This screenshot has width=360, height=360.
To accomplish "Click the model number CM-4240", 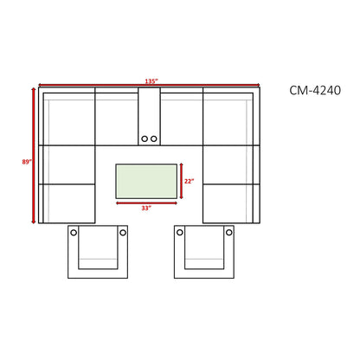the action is pyautogui.click(x=315, y=90).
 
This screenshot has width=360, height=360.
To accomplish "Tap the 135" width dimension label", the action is pyautogui.click(x=151, y=81).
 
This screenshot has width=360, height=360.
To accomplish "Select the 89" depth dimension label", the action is pyautogui.click(x=27, y=162).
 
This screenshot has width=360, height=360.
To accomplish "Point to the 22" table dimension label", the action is pyautogui.click(x=189, y=181).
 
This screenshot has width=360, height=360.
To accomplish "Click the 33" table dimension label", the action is pyautogui.click(x=146, y=208).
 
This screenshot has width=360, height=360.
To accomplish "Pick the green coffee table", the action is pyautogui.click(x=146, y=181).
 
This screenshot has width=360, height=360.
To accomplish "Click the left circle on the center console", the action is pyautogui.click(x=145, y=138).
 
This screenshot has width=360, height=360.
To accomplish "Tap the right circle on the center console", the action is pyautogui.click(x=154, y=138).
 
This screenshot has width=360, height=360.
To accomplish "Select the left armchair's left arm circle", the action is pyautogui.click(x=74, y=233).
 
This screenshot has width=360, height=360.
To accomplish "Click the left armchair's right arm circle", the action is pyautogui.click(x=123, y=233).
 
